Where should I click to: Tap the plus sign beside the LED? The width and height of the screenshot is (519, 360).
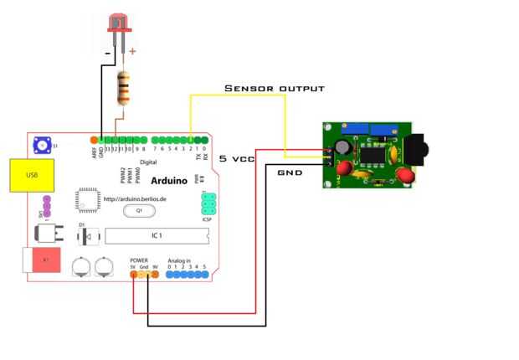coord(132,51)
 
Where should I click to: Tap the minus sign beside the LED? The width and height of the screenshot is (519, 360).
coord(108,52)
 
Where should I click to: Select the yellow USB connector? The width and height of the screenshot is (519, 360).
coord(32,175)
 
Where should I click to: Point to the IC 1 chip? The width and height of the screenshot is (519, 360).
coord(155,235)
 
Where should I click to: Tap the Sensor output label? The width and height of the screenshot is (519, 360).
coord(273,88)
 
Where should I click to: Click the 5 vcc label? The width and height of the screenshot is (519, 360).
coord(236,158)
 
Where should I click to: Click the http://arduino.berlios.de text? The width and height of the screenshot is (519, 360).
coord(136,198)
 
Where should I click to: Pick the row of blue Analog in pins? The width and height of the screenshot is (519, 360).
coord(187,274)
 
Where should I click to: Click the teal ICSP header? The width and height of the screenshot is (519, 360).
coord(208,203)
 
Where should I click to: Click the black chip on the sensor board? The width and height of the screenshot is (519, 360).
coord(370,154)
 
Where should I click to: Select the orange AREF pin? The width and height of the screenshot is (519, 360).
coord(94,138)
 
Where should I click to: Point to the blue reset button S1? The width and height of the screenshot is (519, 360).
coord(40,146)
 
